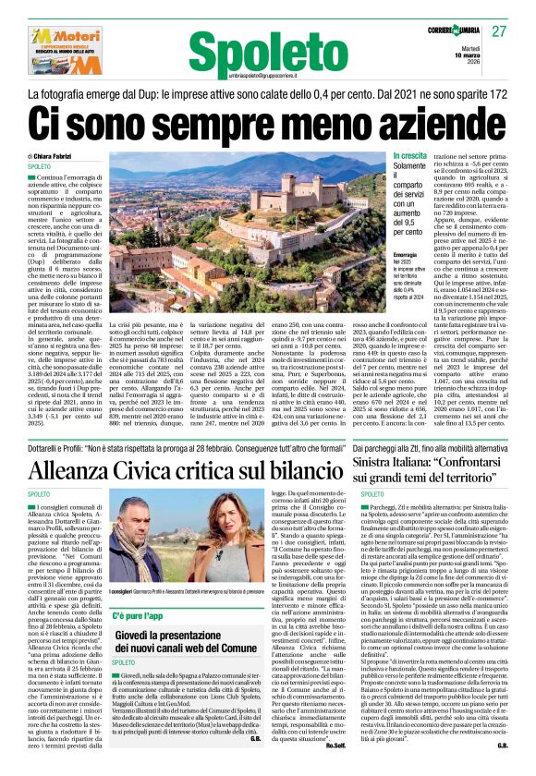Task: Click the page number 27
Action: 499,30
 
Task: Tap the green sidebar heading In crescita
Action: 410,156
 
